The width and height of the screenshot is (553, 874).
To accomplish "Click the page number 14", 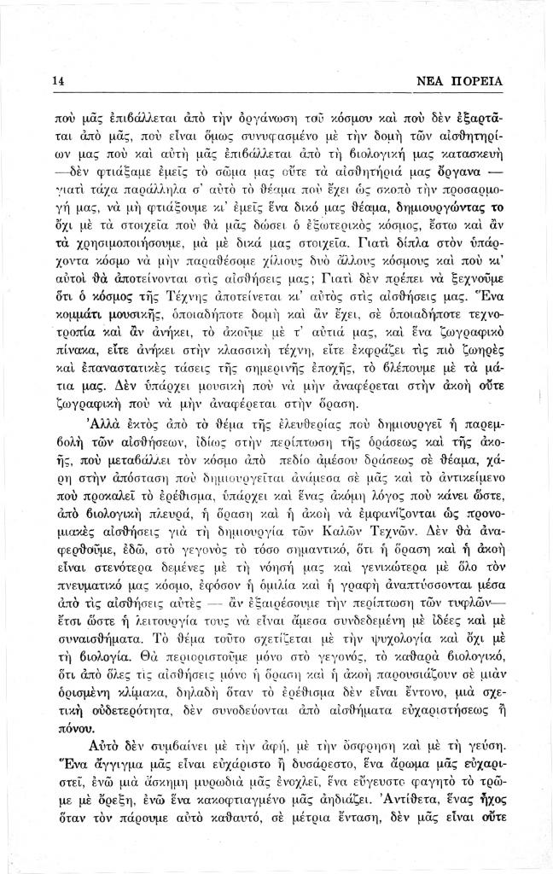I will click(58, 81).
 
